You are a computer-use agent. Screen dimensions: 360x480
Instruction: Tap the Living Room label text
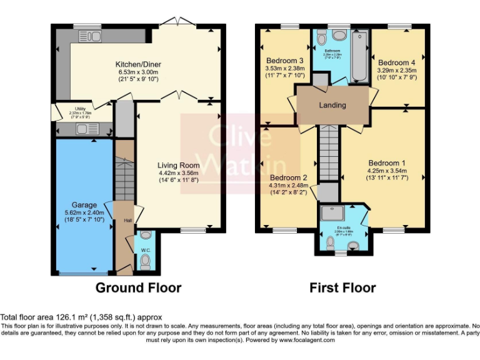coord(178,166)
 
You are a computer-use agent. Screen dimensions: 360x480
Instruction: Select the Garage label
coord(84,204)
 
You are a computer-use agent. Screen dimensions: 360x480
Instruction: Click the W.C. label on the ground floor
coord(145,251)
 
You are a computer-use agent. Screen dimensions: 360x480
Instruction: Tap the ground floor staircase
coord(125,178)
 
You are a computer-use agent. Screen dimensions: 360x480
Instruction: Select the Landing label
coord(332,105)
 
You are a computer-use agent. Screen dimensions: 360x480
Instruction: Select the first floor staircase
coord(328,153)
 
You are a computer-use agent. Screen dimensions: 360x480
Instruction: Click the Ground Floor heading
coord(138,287)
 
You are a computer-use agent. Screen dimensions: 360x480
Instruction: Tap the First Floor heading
coord(342,287)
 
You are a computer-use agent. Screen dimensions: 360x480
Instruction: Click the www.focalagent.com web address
coord(307,340)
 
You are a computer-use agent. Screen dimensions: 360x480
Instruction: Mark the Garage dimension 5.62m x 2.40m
coord(84,212)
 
